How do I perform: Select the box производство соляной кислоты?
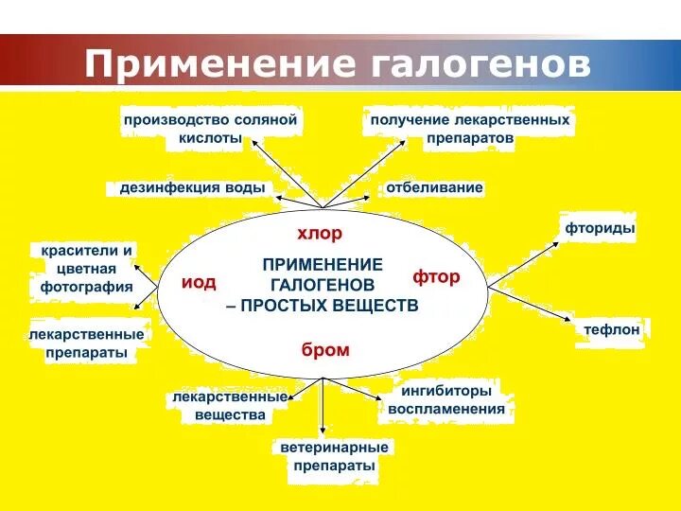click(x=210, y=129)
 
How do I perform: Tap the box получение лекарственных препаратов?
click(x=469, y=129)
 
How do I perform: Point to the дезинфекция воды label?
click(x=192, y=187)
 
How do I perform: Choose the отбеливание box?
click(x=434, y=187)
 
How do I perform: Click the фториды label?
click(x=600, y=228)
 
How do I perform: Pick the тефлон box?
click(x=612, y=329)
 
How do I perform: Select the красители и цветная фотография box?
click(x=87, y=268)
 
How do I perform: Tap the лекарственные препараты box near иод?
click(x=87, y=344)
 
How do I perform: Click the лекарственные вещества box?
click(x=229, y=406)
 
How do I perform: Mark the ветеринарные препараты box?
click(x=334, y=456)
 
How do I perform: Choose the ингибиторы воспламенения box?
click(x=446, y=399)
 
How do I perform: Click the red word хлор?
click(x=320, y=233)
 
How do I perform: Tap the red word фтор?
click(x=436, y=277)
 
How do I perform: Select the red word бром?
click(x=325, y=350)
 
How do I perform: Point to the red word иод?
click(x=199, y=282)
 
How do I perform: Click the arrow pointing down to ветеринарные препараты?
click(x=323, y=407)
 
